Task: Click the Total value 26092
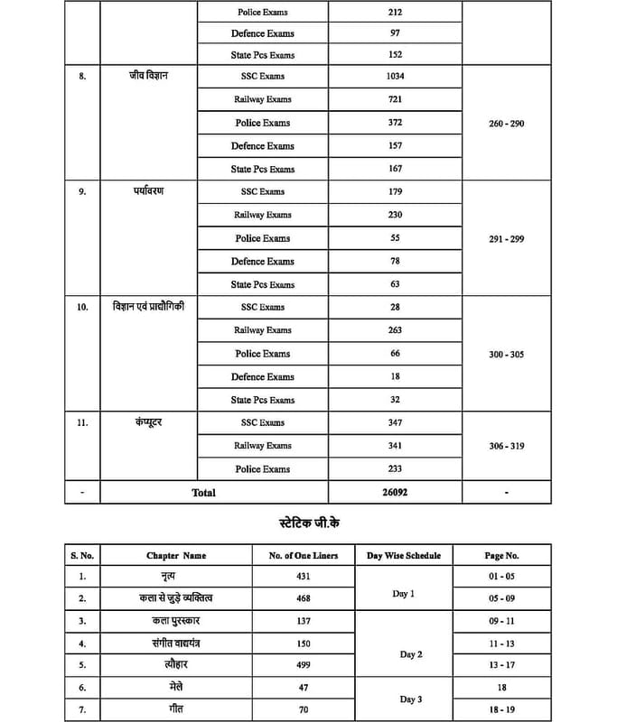[394, 493]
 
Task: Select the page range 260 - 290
[506, 123]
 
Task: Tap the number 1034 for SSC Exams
[394, 77]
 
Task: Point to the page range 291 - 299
[506, 239]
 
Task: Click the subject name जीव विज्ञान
[148, 76]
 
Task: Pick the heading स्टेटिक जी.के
[310, 523]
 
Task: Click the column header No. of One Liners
[304, 555]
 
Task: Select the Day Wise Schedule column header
[404, 555]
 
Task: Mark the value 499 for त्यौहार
[304, 665]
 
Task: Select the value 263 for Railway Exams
[394, 330]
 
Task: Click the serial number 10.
[82, 308]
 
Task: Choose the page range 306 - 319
[506, 446]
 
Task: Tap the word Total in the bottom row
[203, 493]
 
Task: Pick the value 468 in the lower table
[304, 598]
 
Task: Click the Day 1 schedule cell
[404, 594]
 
